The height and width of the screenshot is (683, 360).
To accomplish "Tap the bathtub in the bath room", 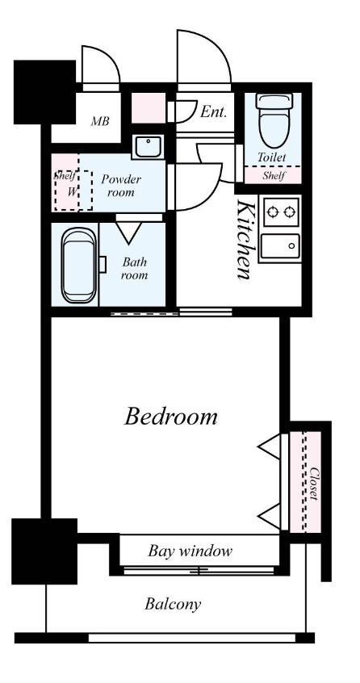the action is pyautogui.click(x=79, y=266).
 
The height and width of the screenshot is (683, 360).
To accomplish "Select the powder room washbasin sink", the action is pyautogui.click(x=149, y=147).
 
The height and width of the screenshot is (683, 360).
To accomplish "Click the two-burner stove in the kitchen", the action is pyautogui.click(x=282, y=212).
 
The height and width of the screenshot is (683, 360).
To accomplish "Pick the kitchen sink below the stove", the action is pyautogui.click(x=280, y=246).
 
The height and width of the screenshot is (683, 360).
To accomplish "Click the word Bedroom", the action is pyautogui.click(x=170, y=416).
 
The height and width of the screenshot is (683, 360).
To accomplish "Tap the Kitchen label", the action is pyautogui.click(x=245, y=239).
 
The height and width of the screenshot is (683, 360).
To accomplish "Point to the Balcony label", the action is pyautogui.click(x=173, y=604).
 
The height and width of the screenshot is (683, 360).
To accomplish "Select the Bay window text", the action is pyautogui.click(x=190, y=551).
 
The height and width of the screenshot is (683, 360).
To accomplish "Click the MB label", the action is pyautogui.click(x=99, y=121).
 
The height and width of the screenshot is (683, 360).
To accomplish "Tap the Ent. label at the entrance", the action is pyautogui.click(x=214, y=112).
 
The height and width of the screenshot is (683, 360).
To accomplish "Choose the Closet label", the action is pyautogui.click(x=314, y=484).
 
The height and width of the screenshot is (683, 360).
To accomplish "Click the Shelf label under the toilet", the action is pyautogui.click(x=273, y=176).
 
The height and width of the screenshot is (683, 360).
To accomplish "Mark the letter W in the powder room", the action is pyautogui.click(x=72, y=191).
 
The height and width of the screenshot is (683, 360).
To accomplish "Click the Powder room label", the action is pyautogui.click(x=121, y=186).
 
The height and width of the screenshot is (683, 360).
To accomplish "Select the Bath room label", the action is pyautogui.click(x=134, y=268).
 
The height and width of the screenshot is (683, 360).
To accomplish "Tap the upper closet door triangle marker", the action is pyautogui.click(x=270, y=446).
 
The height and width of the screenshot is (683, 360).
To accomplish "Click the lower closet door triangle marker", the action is pyautogui.click(x=270, y=516).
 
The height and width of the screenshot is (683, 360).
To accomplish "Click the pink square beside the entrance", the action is pyautogui.click(x=149, y=107).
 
